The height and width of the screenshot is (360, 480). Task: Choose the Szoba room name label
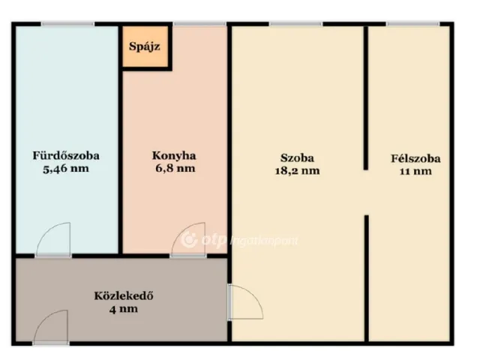click(297, 158)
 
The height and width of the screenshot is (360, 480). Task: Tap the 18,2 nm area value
click(297, 171)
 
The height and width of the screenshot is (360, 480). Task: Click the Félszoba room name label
click(415, 158)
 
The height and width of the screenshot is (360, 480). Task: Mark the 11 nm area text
click(415, 171)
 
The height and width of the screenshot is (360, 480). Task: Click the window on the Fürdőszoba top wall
click(63, 24)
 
